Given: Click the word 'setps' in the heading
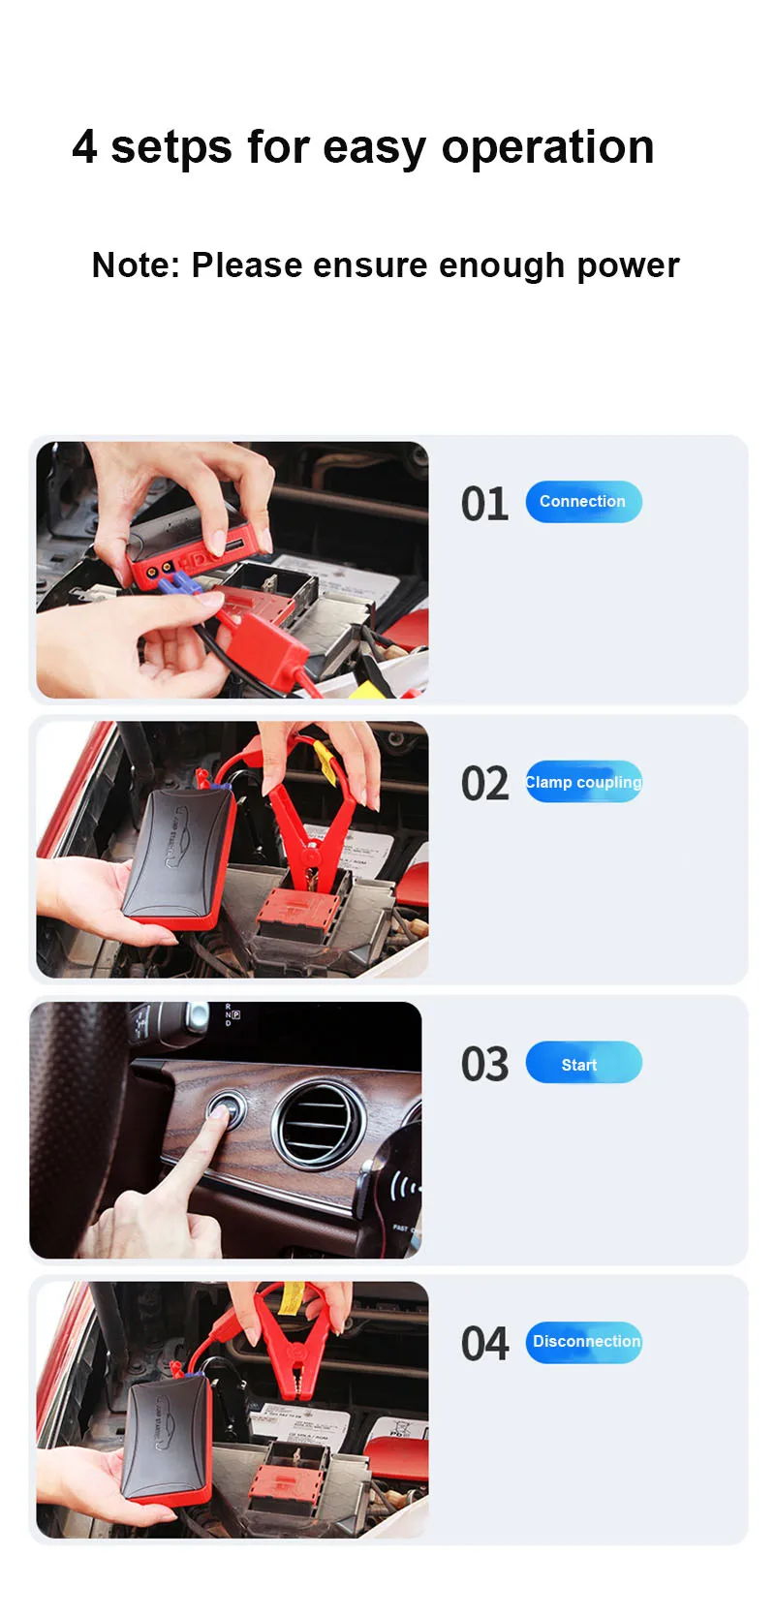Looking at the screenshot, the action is [x=171, y=147].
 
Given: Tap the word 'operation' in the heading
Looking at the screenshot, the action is [x=547, y=147].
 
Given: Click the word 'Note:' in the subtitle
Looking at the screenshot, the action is [x=136, y=265].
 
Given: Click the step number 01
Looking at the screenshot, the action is [x=484, y=504].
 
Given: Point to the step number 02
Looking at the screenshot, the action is [x=484, y=784].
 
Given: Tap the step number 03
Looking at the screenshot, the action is [x=484, y=1064].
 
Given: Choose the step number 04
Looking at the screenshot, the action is [x=484, y=1344].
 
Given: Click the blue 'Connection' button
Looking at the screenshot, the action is [x=583, y=501].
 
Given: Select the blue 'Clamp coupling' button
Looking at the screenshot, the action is [x=583, y=782].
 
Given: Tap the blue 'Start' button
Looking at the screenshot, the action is [x=583, y=1062].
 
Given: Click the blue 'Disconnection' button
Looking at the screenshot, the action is [x=583, y=1342].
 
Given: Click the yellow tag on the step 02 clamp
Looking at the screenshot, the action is [x=325, y=762].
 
